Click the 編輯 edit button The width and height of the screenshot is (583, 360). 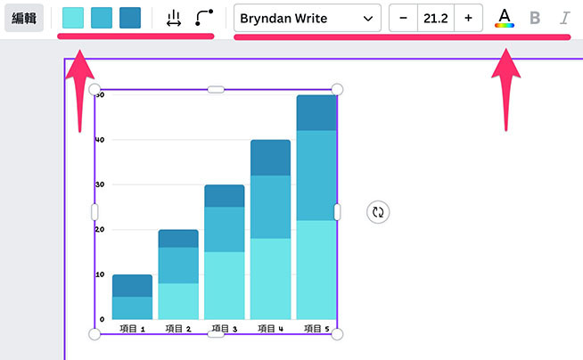point(24,18)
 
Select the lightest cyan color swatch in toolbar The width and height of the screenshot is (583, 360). point(74,18)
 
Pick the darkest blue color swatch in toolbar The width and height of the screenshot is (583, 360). point(130,18)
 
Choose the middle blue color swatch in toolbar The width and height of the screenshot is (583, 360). point(102,18)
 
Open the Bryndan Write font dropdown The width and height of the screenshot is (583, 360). point(307,18)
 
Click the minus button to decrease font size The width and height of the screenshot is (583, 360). point(403,18)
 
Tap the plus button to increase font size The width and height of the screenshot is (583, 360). point(468,18)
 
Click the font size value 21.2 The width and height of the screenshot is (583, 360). point(436,18)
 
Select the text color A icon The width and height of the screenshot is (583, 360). point(505,17)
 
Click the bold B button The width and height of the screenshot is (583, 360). point(535,18)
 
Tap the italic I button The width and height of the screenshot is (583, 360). point(564,18)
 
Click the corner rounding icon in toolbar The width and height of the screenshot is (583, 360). point(204,18)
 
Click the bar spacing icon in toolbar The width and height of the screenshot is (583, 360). point(174,18)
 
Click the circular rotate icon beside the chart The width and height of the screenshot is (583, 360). point(378,212)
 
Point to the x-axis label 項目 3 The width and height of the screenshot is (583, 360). point(224,329)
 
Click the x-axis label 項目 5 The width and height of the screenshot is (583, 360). point(316,329)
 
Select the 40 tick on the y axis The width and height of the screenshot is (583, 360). point(101,140)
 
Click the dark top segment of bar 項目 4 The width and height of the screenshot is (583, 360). point(270,157)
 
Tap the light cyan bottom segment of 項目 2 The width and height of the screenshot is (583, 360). point(178,301)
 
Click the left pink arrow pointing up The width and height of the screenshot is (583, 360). point(79,89)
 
